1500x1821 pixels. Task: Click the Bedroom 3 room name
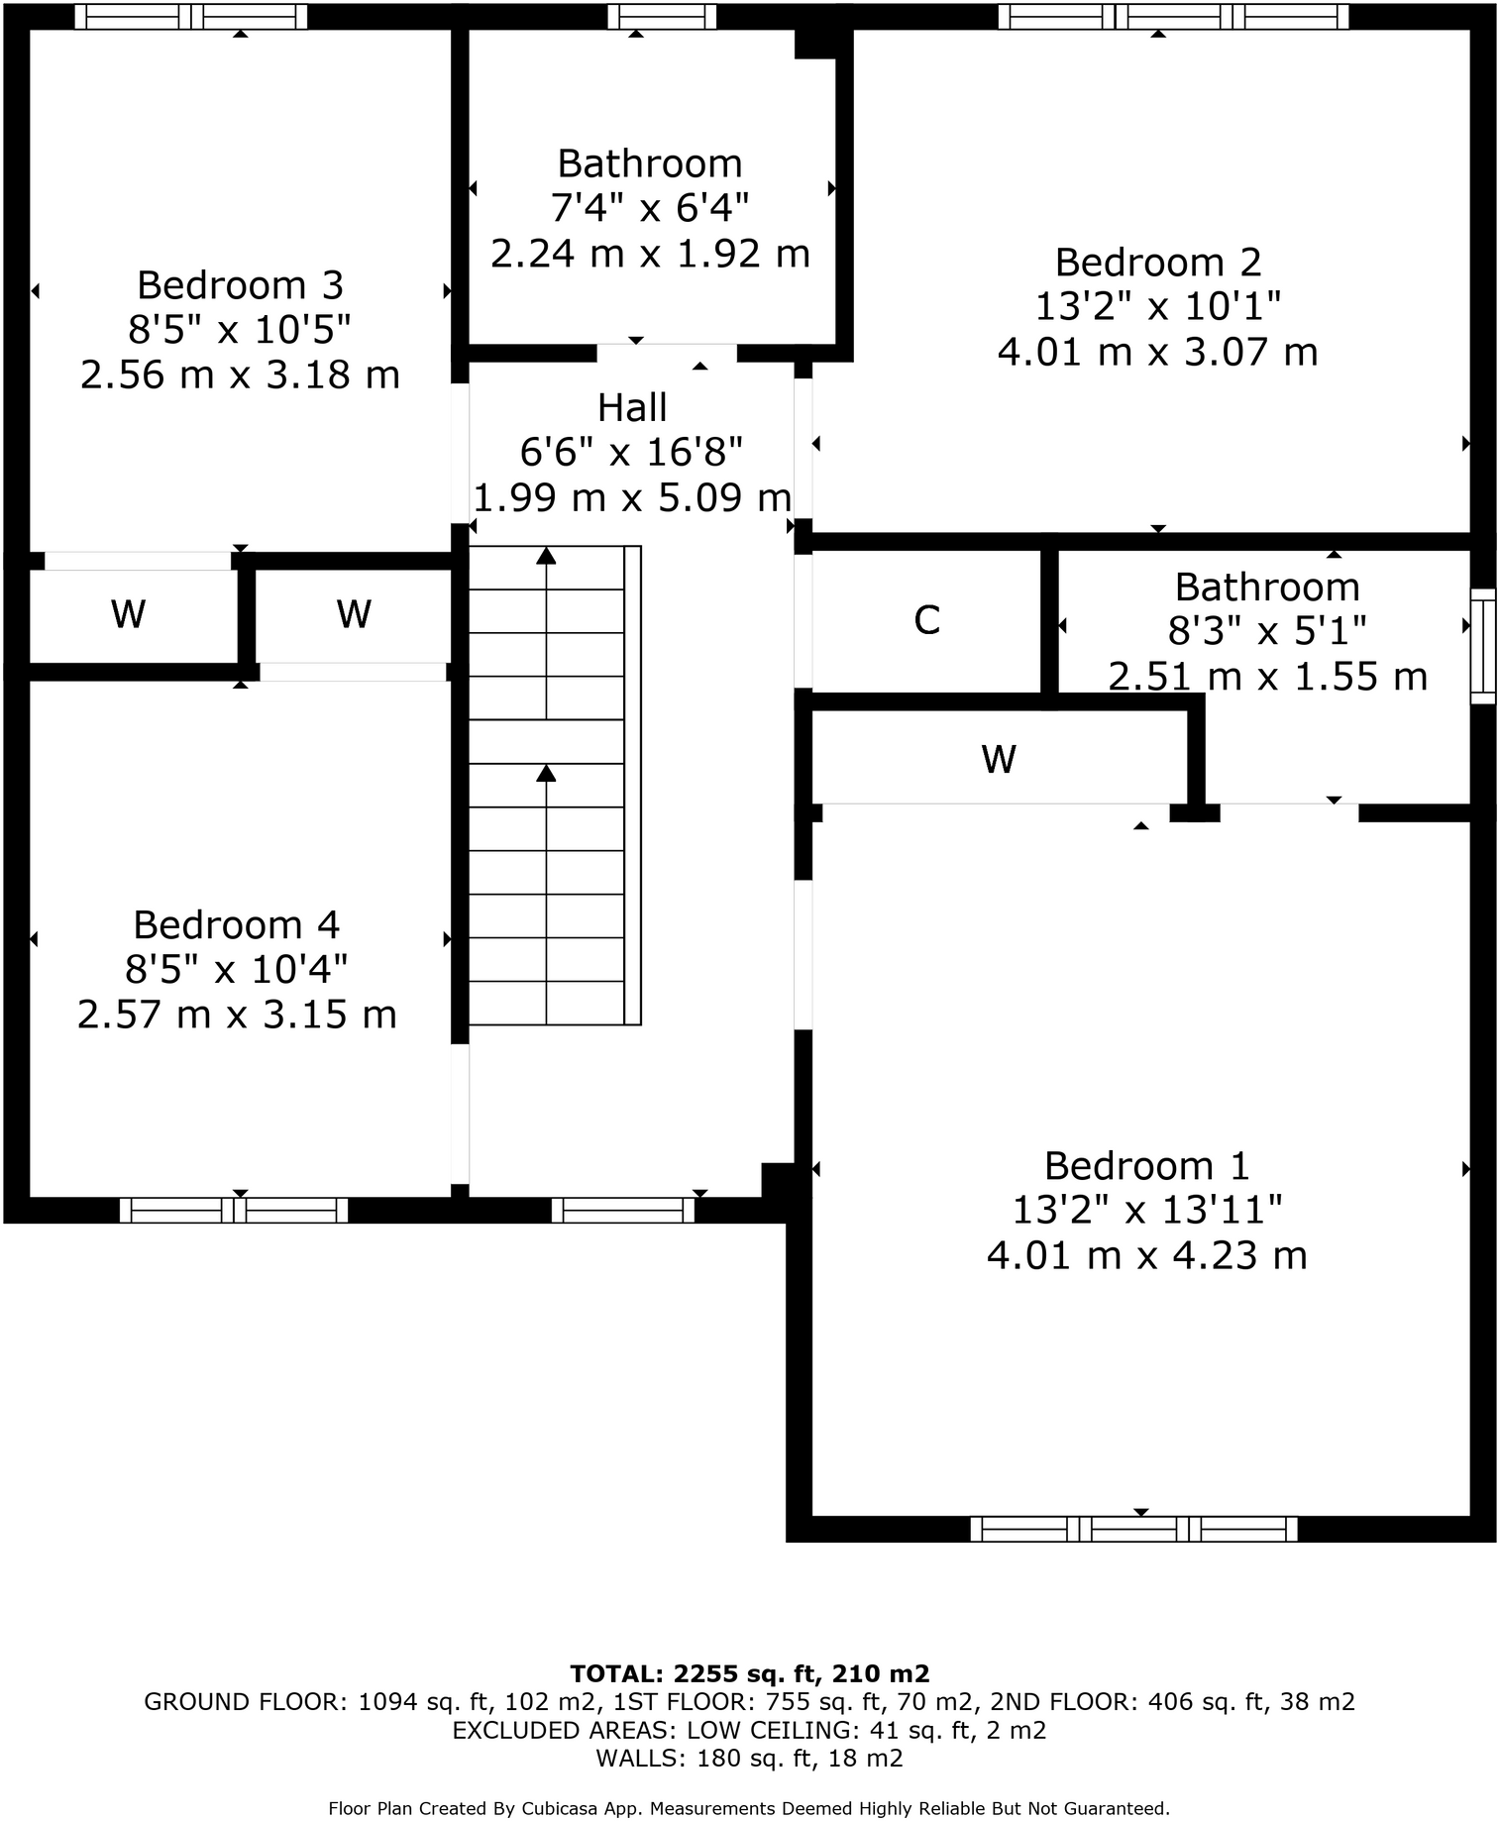(x=240, y=285)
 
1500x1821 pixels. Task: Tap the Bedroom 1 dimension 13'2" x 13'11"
(x=1146, y=1210)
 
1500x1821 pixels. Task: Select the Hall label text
(x=632, y=407)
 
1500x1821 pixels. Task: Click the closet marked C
(x=926, y=620)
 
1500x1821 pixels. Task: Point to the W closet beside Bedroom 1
(x=999, y=760)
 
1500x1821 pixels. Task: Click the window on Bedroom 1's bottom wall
(x=1133, y=1529)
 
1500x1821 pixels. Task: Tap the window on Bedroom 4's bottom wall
(x=234, y=1210)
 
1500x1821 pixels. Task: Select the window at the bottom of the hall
(x=623, y=1210)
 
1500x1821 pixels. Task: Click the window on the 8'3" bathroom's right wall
(x=1482, y=646)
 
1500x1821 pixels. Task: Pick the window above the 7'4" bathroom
(x=661, y=16)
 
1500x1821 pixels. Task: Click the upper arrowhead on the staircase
(x=546, y=555)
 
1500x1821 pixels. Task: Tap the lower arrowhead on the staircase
(x=546, y=773)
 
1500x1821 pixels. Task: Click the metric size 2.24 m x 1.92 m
(x=650, y=254)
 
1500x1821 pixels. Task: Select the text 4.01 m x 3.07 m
(x=1157, y=352)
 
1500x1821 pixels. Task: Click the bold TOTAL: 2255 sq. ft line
(x=750, y=1673)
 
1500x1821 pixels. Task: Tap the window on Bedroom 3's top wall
(x=191, y=16)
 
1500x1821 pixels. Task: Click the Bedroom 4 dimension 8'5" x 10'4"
(x=236, y=970)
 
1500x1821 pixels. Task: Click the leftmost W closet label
(x=129, y=614)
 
